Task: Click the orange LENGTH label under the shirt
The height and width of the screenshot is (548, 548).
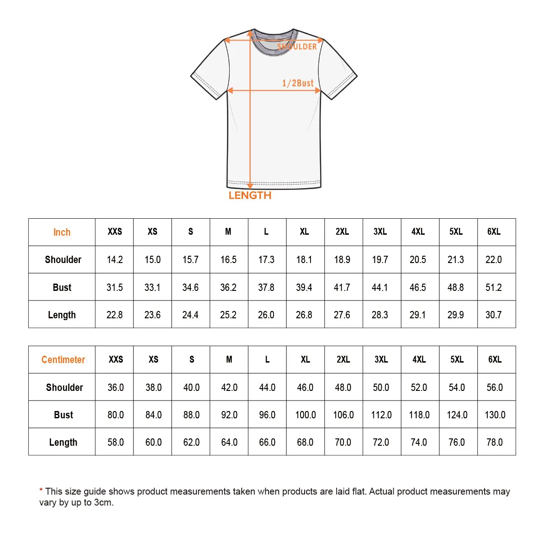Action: pyautogui.click(x=250, y=195)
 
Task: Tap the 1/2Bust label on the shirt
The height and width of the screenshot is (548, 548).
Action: pyautogui.click(x=298, y=83)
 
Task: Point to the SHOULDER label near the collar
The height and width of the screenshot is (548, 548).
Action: pyautogui.click(x=297, y=47)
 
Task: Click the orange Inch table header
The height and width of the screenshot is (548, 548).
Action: pyautogui.click(x=62, y=232)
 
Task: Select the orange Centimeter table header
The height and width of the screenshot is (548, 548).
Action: pyautogui.click(x=63, y=360)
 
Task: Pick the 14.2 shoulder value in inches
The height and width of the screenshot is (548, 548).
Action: pyautogui.click(x=115, y=260)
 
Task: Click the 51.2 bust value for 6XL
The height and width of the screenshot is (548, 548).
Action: pyautogui.click(x=493, y=288)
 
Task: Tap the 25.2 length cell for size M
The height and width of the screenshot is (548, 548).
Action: pyautogui.click(x=228, y=315)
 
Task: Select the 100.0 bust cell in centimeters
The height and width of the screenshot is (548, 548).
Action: pyautogui.click(x=305, y=415)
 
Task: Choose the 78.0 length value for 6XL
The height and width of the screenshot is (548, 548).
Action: pyautogui.click(x=494, y=443)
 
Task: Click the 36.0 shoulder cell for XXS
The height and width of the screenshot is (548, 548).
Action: pyautogui.click(x=116, y=388)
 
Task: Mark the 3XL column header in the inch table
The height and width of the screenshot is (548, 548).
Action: pyautogui.click(x=380, y=232)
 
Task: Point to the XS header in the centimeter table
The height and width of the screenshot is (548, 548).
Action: pyautogui.click(x=153, y=360)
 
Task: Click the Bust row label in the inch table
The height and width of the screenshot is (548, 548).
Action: pyautogui.click(x=62, y=288)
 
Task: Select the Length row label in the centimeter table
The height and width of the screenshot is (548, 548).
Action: pyautogui.click(x=63, y=443)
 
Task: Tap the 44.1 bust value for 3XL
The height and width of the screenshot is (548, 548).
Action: pyautogui.click(x=379, y=288)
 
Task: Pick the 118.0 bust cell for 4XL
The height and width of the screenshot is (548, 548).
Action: pyautogui.click(x=419, y=415)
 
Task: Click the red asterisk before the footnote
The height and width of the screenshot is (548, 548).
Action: pyautogui.click(x=41, y=491)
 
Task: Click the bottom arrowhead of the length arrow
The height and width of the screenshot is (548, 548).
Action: pyautogui.click(x=250, y=186)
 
